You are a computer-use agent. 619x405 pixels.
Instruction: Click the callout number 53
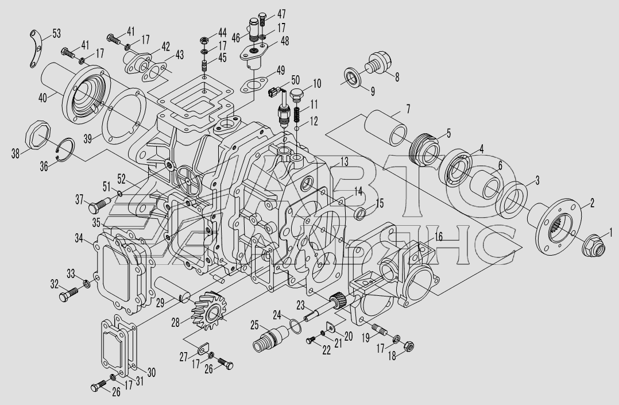tap(56, 33)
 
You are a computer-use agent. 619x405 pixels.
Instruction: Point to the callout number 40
tap(43, 97)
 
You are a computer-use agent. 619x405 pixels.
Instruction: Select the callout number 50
tap(295, 80)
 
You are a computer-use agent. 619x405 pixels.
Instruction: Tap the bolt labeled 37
tap(100, 205)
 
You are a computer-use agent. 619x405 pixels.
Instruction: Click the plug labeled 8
tap(379, 63)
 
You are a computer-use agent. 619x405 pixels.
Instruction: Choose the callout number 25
tap(254, 325)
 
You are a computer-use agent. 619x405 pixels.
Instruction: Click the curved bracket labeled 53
tap(35, 48)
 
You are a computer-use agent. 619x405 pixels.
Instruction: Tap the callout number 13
tap(345, 161)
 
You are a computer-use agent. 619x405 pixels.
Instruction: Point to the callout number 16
tap(439, 237)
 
